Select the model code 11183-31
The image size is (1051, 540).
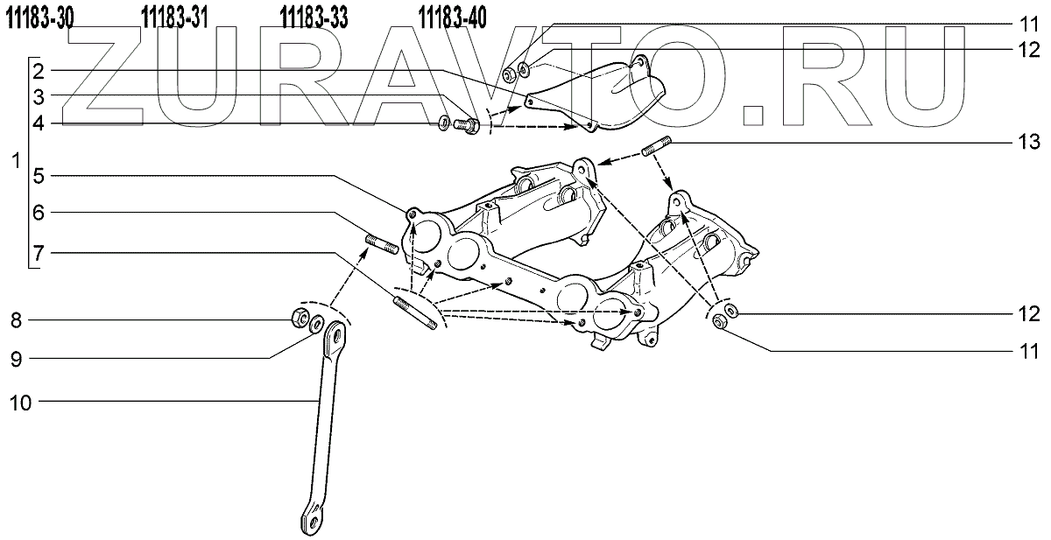click(x=174, y=17)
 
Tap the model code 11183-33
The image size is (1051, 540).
click(x=314, y=17)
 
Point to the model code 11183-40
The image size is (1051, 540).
click(x=454, y=17)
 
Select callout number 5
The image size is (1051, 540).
click(x=39, y=175)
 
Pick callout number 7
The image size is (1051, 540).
click(x=39, y=251)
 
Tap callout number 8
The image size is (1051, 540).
click(x=15, y=321)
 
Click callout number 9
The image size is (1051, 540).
click(x=15, y=357)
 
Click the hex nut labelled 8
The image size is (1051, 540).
click(x=297, y=319)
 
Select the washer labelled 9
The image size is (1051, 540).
click(x=316, y=323)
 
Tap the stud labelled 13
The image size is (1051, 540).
click(x=659, y=149)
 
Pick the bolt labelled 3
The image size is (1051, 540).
click(x=467, y=125)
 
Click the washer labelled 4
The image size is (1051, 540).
click(x=444, y=121)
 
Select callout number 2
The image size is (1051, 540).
click(x=39, y=69)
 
